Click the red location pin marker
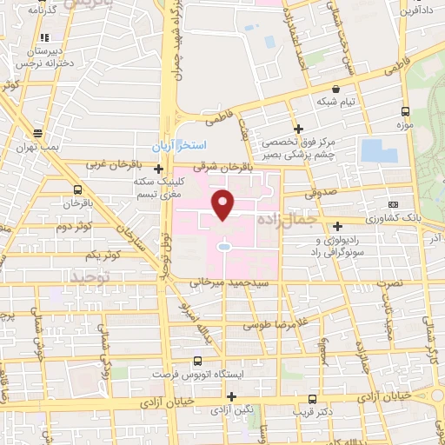click(x=224, y=203)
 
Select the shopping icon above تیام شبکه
click(x=336, y=89)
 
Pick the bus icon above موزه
click(x=405, y=111)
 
